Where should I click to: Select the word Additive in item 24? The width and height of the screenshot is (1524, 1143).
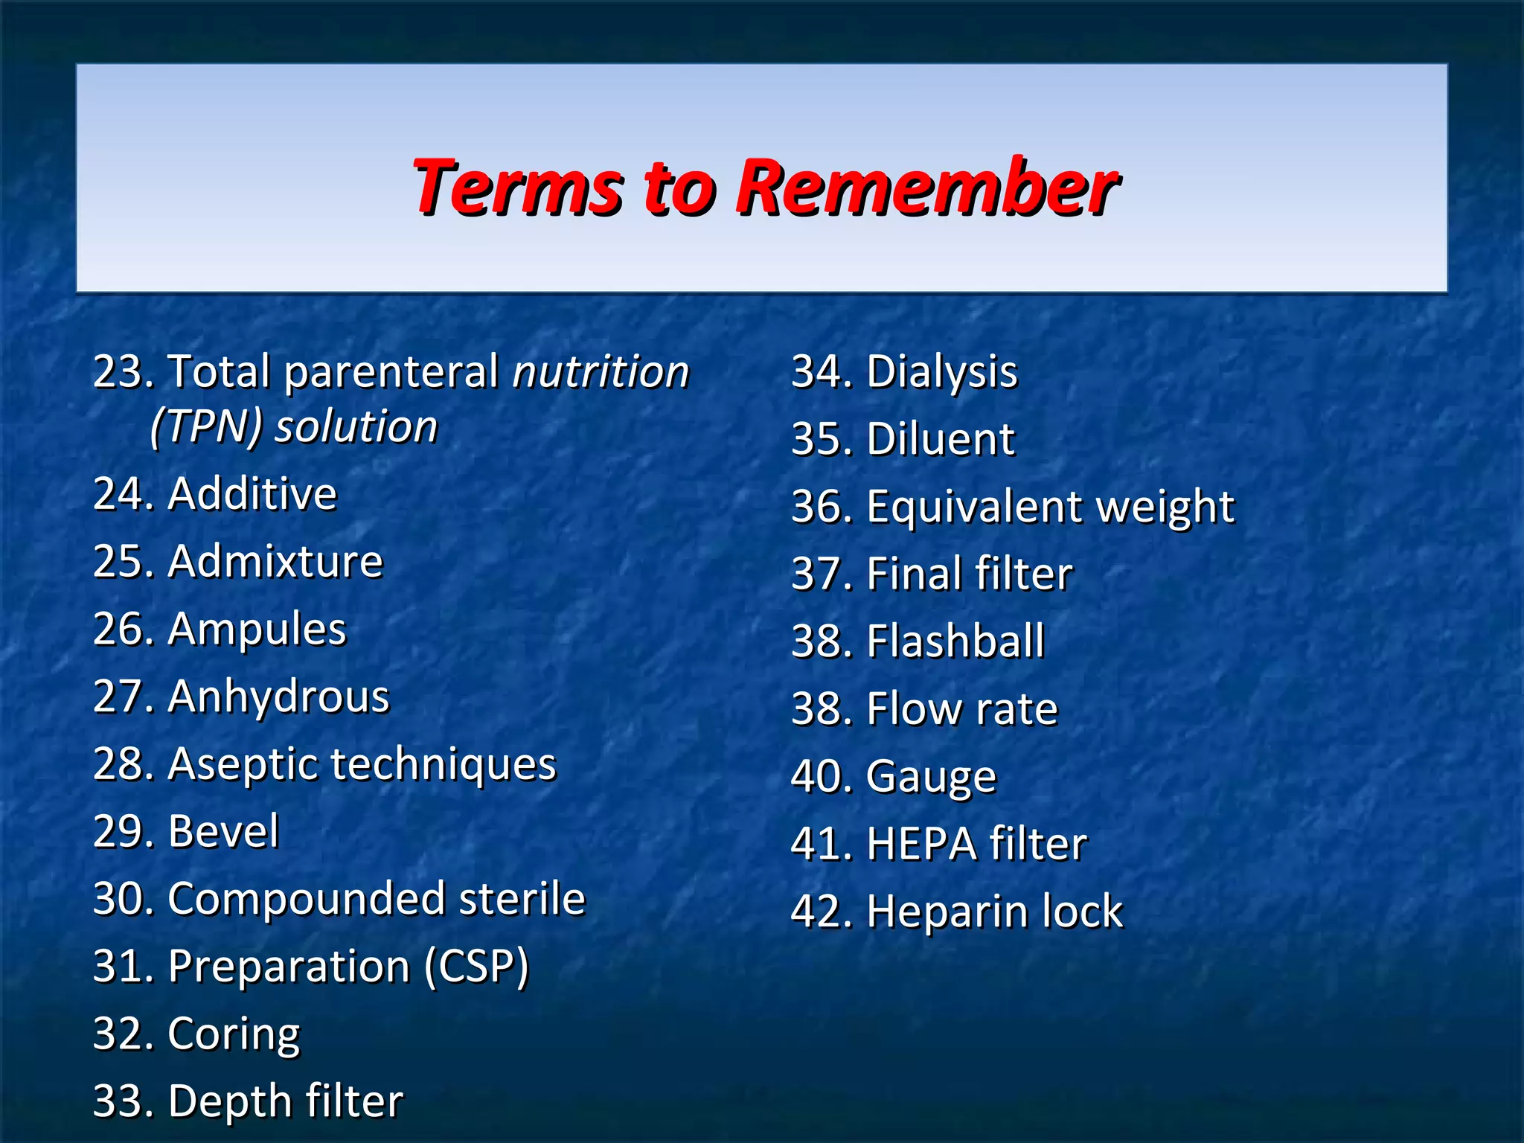point(252,494)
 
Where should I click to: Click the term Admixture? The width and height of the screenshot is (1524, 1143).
point(275,561)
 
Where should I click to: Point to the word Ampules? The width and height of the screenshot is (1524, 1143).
point(257,630)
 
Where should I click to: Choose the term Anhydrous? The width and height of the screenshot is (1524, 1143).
point(278,697)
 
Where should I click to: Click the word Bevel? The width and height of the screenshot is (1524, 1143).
point(223,831)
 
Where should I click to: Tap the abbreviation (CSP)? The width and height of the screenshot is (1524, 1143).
point(476,967)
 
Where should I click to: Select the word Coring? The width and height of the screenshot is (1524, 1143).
point(234,1035)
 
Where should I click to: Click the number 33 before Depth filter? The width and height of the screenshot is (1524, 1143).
point(118,1102)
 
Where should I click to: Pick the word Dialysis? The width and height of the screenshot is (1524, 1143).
point(941,372)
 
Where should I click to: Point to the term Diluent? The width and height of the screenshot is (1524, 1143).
point(940,439)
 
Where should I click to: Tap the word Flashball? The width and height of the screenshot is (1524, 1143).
point(955,641)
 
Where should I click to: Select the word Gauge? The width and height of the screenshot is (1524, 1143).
point(931,778)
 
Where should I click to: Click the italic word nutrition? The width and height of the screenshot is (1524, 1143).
point(601,372)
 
